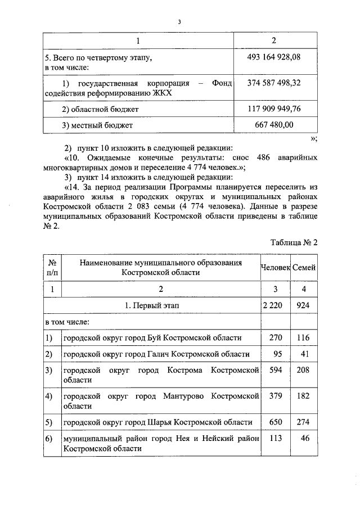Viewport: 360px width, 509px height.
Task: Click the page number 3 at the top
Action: point(179,22)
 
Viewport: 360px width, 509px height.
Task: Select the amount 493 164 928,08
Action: point(274,57)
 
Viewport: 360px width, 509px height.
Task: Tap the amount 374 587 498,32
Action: point(274,83)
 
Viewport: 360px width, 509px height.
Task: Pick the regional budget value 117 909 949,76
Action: point(274,109)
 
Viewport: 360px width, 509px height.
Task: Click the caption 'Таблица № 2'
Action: point(294,242)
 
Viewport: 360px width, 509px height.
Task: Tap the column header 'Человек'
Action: point(275,267)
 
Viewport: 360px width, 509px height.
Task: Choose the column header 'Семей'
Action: point(304,267)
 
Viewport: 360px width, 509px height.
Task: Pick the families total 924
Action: point(303,305)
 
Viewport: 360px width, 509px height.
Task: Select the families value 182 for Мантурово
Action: point(304,396)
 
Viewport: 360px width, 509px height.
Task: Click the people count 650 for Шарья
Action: point(275,422)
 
